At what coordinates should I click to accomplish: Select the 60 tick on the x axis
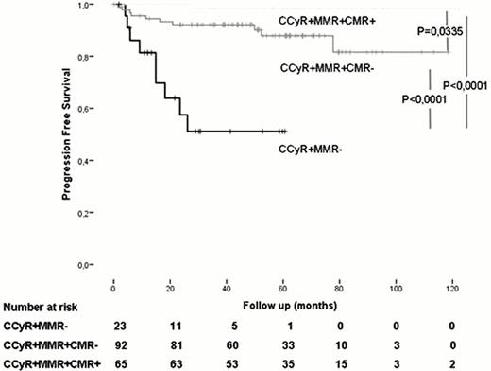[282, 284]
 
